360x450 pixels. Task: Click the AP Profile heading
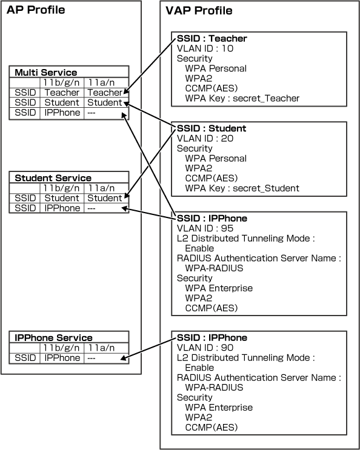[x=36, y=10]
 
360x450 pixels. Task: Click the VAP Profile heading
[x=199, y=11]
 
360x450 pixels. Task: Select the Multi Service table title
[x=46, y=72]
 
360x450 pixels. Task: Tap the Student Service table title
[x=53, y=178]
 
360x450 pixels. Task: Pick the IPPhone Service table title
[x=54, y=338]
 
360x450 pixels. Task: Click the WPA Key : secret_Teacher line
[x=242, y=99]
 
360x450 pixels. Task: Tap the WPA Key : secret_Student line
[x=242, y=188]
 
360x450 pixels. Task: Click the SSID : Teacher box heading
[x=212, y=38]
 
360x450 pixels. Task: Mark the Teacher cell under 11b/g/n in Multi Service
[x=62, y=93]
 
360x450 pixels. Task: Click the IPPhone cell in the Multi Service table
[x=62, y=113]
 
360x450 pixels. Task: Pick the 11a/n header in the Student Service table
[x=101, y=188]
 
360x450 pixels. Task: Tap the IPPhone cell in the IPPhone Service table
[x=62, y=358]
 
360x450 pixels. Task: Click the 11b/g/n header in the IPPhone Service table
[x=61, y=348]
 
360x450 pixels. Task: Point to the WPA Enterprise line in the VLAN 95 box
[x=219, y=288]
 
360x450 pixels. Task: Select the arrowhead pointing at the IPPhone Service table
[x=124, y=357]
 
